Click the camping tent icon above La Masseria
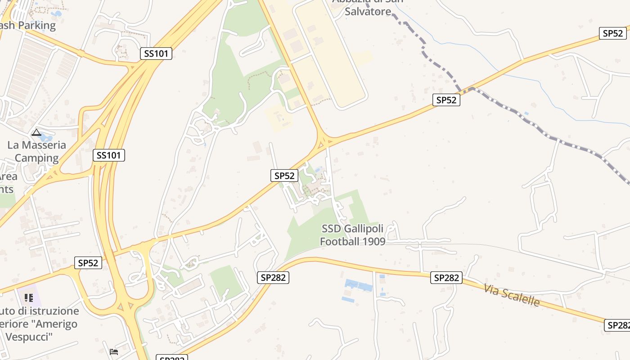pos(36,133)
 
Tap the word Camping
pos(37,158)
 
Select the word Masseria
pos(44,145)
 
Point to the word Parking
pos(35,25)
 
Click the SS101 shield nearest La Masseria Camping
pos(108,156)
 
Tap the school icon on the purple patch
pos(29,298)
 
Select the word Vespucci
pos(29,337)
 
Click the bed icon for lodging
pos(114,351)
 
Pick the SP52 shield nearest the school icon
pos(88,263)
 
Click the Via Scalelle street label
pos(512,295)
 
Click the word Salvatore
pos(368,12)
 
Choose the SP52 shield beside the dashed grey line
pos(446,100)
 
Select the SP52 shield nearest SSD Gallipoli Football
pos(284,175)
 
